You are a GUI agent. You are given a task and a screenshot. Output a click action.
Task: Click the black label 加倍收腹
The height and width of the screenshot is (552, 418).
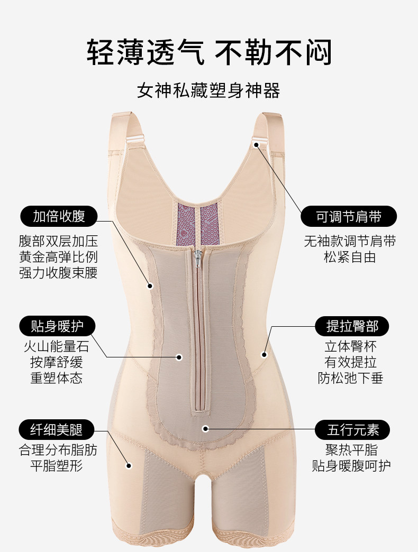[58, 216]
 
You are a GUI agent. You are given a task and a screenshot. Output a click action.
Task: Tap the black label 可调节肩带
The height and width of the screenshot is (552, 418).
[349, 216]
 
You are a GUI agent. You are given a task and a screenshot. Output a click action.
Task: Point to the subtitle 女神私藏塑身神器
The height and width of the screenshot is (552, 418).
[208, 90]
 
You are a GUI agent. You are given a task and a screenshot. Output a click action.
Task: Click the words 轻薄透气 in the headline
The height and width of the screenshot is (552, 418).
[146, 52]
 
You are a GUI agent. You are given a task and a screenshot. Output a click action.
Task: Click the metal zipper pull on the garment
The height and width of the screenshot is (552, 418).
[197, 257]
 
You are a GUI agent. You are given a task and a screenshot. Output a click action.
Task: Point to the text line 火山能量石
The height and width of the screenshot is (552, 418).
[57, 347]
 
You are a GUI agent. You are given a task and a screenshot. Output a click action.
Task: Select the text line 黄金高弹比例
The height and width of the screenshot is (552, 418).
[58, 257]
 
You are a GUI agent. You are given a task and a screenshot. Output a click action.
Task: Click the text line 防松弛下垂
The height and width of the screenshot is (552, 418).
[350, 378]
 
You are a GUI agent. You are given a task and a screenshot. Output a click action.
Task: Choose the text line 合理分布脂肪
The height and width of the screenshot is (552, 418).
[58, 450]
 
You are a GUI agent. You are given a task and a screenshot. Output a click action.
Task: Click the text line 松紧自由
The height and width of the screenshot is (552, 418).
[350, 257]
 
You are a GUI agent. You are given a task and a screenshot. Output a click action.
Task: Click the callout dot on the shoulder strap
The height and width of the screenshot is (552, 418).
[256, 144]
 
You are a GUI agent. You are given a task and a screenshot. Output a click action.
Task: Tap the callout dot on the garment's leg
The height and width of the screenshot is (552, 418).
[128, 465]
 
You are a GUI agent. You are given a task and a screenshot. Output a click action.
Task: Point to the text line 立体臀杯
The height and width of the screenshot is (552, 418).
[350, 347]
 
